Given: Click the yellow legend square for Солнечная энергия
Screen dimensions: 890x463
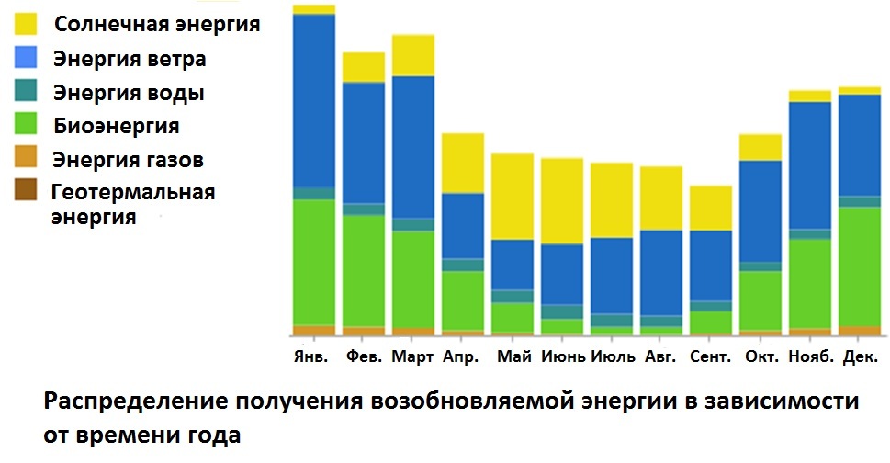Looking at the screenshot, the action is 26,24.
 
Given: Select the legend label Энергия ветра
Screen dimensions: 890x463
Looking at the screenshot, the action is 130,59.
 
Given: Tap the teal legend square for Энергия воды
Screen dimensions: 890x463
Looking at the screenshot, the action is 26,91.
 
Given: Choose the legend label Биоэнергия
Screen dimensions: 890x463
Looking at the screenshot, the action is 117,126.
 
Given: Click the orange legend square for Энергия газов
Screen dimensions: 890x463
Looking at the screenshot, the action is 26,156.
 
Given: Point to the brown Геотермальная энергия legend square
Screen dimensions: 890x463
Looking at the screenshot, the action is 26,189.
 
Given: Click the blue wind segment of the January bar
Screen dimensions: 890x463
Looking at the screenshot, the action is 314,101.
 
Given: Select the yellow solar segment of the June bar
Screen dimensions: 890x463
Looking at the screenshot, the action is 562,201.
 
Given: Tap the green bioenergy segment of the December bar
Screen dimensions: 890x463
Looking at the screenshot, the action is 860,266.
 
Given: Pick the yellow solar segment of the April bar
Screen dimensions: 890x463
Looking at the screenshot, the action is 463,164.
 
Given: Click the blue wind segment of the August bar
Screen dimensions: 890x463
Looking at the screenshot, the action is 661,273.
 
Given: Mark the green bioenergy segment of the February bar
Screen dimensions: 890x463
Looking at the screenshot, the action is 364,271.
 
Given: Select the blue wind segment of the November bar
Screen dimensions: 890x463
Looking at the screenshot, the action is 810,165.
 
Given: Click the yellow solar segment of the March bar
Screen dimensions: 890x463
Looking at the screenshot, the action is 413,56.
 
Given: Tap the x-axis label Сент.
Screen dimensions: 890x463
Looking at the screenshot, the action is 711,356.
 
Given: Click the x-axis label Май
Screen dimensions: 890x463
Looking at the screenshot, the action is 514,356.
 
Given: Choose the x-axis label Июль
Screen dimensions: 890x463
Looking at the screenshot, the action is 613,356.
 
